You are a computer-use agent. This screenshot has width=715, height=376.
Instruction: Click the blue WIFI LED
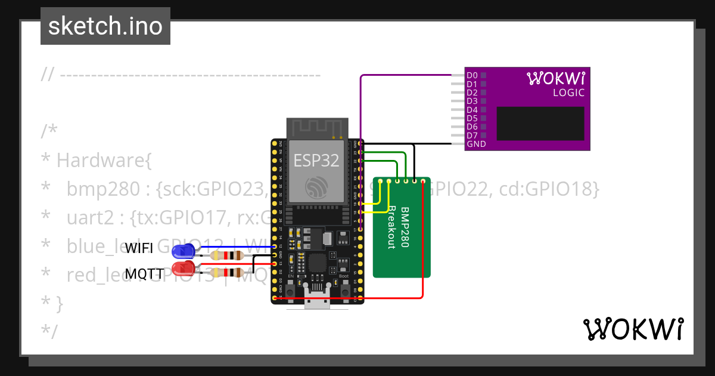click(182, 251)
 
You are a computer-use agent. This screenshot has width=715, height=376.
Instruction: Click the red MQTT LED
click(182, 268)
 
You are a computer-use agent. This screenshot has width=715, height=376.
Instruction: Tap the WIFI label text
click(139, 249)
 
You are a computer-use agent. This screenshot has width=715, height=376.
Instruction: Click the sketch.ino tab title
click(105, 26)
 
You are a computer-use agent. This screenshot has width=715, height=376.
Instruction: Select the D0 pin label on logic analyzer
click(472, 75)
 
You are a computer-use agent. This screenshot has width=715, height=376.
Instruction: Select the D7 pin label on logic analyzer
click(472, 135)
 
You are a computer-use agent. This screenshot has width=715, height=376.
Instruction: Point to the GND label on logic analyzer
click(476, 144)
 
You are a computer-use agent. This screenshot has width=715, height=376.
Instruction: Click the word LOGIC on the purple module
click(568, 93)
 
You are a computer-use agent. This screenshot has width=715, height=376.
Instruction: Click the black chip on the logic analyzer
click(540, 124)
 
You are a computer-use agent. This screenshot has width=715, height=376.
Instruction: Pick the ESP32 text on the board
click(316, 160)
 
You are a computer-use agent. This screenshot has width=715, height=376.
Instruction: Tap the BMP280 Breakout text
click(398, 227)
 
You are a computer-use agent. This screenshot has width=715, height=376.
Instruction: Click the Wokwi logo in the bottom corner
click(633, 329)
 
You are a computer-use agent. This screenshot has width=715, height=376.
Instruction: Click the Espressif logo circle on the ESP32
click(316, 187)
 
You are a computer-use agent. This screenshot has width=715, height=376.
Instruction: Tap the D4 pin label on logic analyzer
click(472, 110)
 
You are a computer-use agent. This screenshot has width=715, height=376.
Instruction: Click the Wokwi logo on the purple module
click(556, 78)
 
